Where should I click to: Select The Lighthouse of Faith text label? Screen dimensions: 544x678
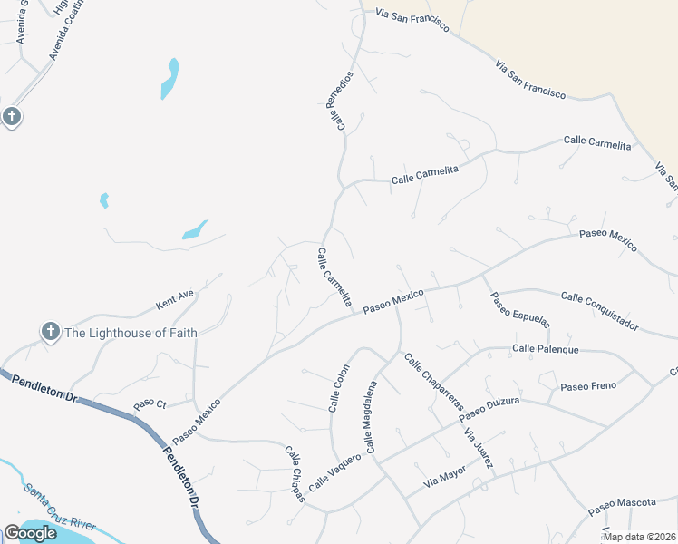(131, 333)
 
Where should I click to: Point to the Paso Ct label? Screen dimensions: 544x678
(150, 403)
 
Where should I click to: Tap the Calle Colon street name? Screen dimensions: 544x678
(338, 389)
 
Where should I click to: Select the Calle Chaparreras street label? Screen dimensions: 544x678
(433, 382)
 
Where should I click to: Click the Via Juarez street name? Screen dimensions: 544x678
(479, 449)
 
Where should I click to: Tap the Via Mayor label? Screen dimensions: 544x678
(444, 473)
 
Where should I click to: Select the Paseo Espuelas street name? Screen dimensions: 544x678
(521, 314)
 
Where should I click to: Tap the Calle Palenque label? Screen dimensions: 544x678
(545, 348)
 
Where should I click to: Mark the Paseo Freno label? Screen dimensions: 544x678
(588, 386)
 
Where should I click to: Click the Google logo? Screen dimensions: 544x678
(30, 533)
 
